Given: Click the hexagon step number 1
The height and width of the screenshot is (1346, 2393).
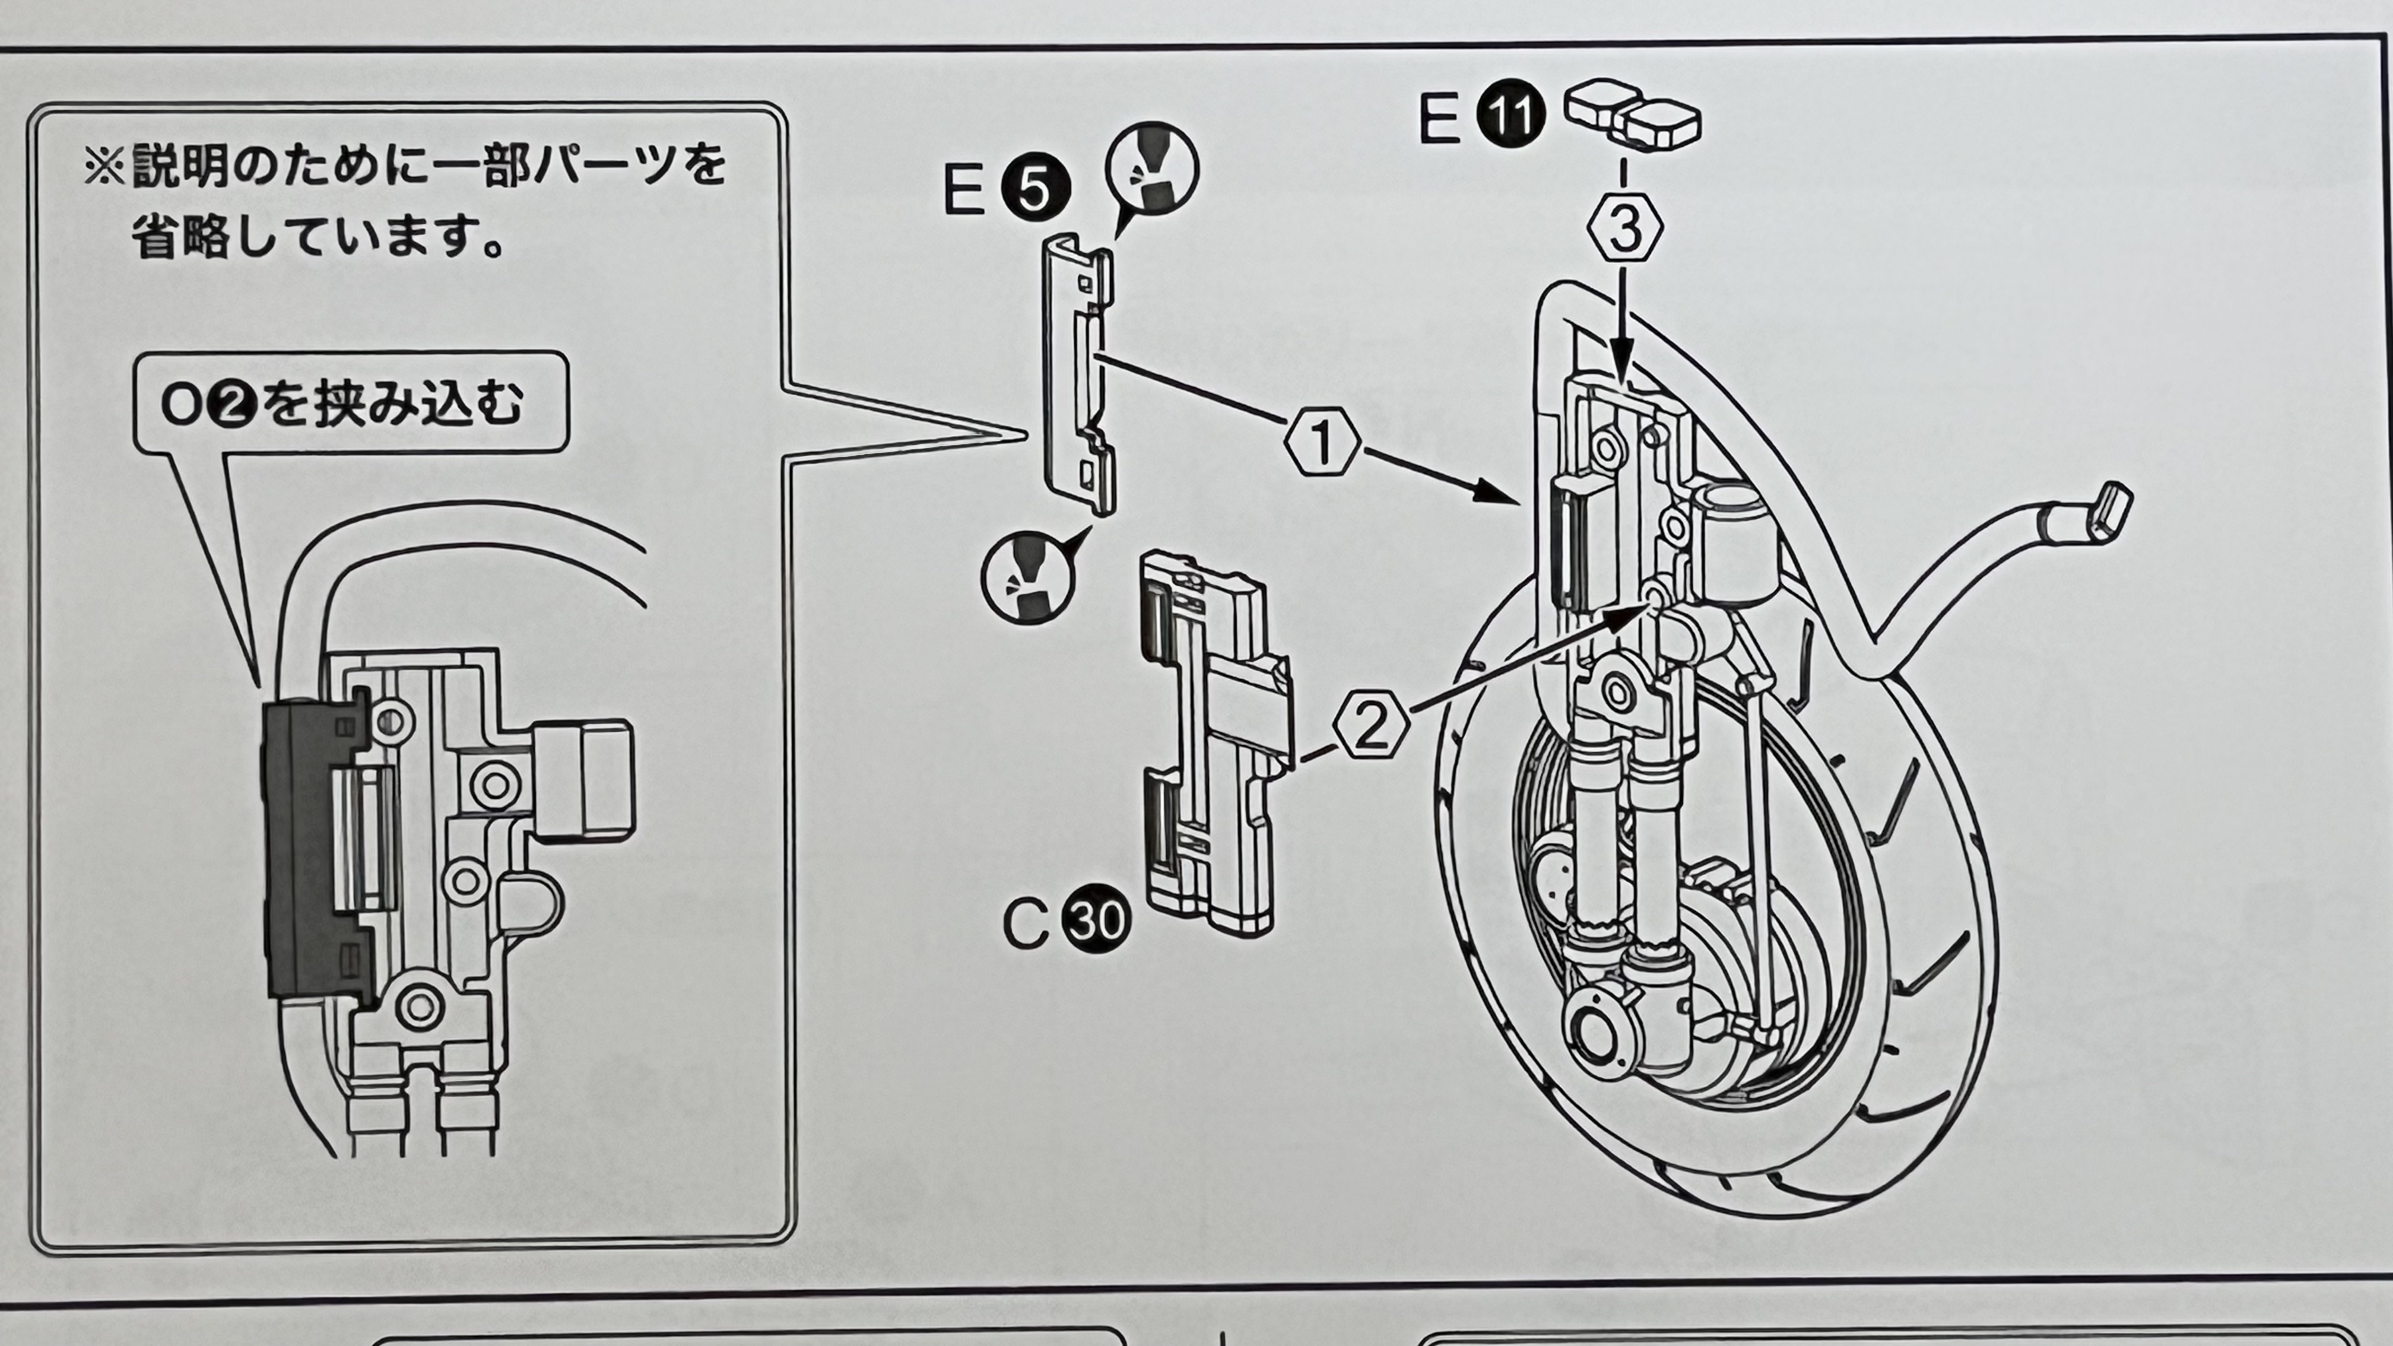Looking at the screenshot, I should pyautogui.click(x=1322, y=444).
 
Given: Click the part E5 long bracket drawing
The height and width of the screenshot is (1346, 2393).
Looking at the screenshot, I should pyautogui.click(x=1078, y=372).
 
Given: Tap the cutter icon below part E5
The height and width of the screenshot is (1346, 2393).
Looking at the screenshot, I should pyautogui.click(x=1027, y=578).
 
